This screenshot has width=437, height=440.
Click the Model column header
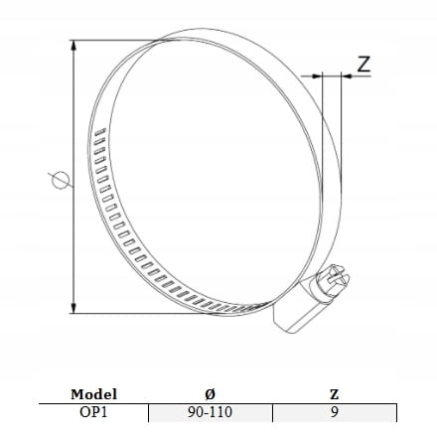pyautogui.click(x=93, y=394)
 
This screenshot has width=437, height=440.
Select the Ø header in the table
pyautogui.click(x=210, y=394)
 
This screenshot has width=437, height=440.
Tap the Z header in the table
pyautogui.click(x=335, y=394)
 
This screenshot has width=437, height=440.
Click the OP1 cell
pyautogui.click(x=93, y=412)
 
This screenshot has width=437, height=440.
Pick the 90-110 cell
pyautogui.click(x=210, y=412)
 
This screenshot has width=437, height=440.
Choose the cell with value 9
pyautogui.click(x=335, y=412)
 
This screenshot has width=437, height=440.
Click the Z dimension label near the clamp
pyautogui.click(x=364, y=65)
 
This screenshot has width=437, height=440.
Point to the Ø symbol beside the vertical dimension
pyautogui.click(x=61, y=180)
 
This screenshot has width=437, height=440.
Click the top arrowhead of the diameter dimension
pyautogui.click(x=73, y=46)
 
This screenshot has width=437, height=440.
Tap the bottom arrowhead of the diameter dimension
pyautogui.click(x=73, y=308)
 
